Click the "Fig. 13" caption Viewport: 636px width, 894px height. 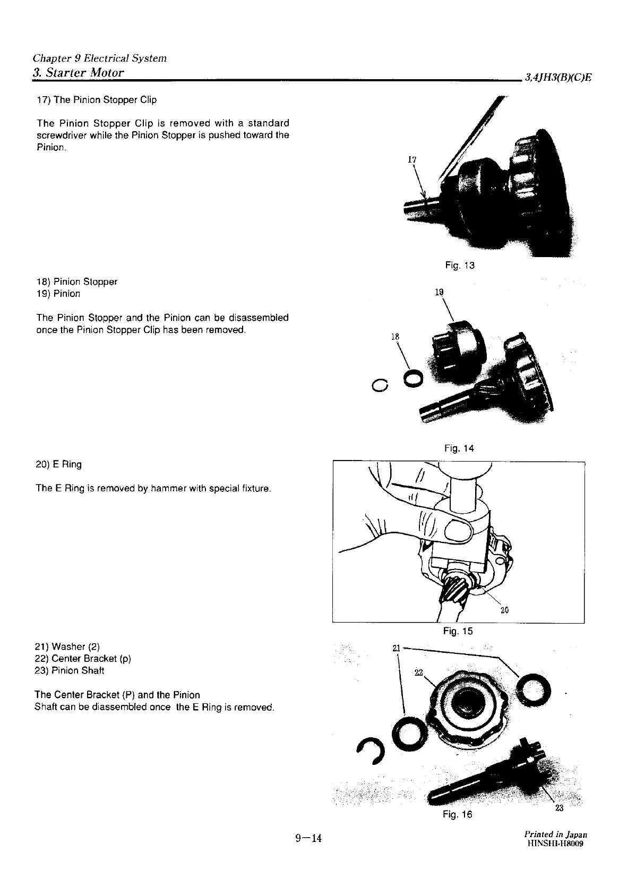tap(460, 265)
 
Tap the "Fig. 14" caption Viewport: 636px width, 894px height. tap(459, 448)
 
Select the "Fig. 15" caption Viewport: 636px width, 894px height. tap(458, 631)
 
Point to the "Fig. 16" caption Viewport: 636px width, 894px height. tap(457, 814)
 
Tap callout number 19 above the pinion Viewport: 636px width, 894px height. tap(439, 292)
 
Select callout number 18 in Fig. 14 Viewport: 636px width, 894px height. tap(394, 336)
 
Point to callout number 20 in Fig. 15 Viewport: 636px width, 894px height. tap(504, 610)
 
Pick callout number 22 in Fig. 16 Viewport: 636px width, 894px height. tap(418, 673)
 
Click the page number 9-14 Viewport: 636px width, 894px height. tap(309, 838)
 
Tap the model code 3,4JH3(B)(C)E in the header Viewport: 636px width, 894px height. tap(558, 78)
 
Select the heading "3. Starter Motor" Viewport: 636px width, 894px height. tap(79, 72)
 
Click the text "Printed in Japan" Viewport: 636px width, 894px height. tap(555, 835)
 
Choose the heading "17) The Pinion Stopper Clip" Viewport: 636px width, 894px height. tap(96, 100)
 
